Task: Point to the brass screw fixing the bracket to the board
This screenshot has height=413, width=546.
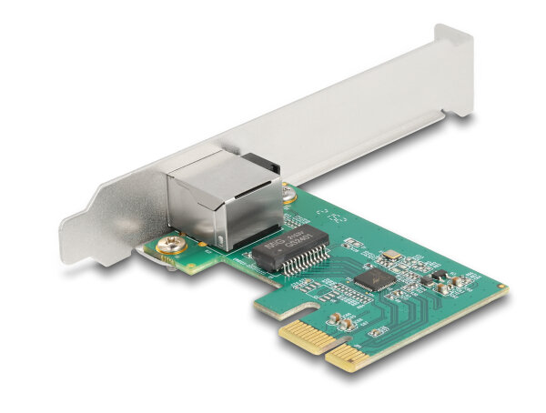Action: [169, 244]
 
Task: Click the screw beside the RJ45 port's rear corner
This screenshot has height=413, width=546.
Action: [289, 193]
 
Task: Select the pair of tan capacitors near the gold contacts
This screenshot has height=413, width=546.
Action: [341, 318]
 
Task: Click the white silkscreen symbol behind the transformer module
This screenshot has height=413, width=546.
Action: [330, 218]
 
